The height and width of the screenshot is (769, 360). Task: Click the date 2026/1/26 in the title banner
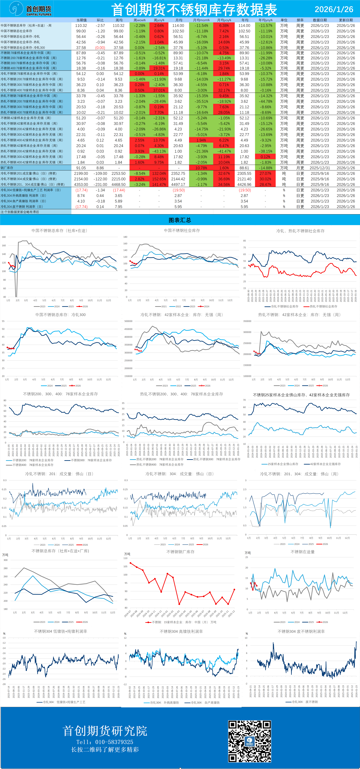tap(334, 9)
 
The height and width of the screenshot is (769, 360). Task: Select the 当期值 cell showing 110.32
tap(81, 26)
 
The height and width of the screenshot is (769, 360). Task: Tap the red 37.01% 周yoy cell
tap(159, 90)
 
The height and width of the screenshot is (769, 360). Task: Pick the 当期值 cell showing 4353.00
tap(81, 184)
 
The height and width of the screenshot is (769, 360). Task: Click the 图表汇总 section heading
tap(180, 220)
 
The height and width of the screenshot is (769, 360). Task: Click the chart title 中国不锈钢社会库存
tap(182, 230)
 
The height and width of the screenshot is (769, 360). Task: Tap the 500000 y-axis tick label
tap(128, 321)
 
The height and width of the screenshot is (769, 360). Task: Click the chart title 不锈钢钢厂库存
tap(180, 552)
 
